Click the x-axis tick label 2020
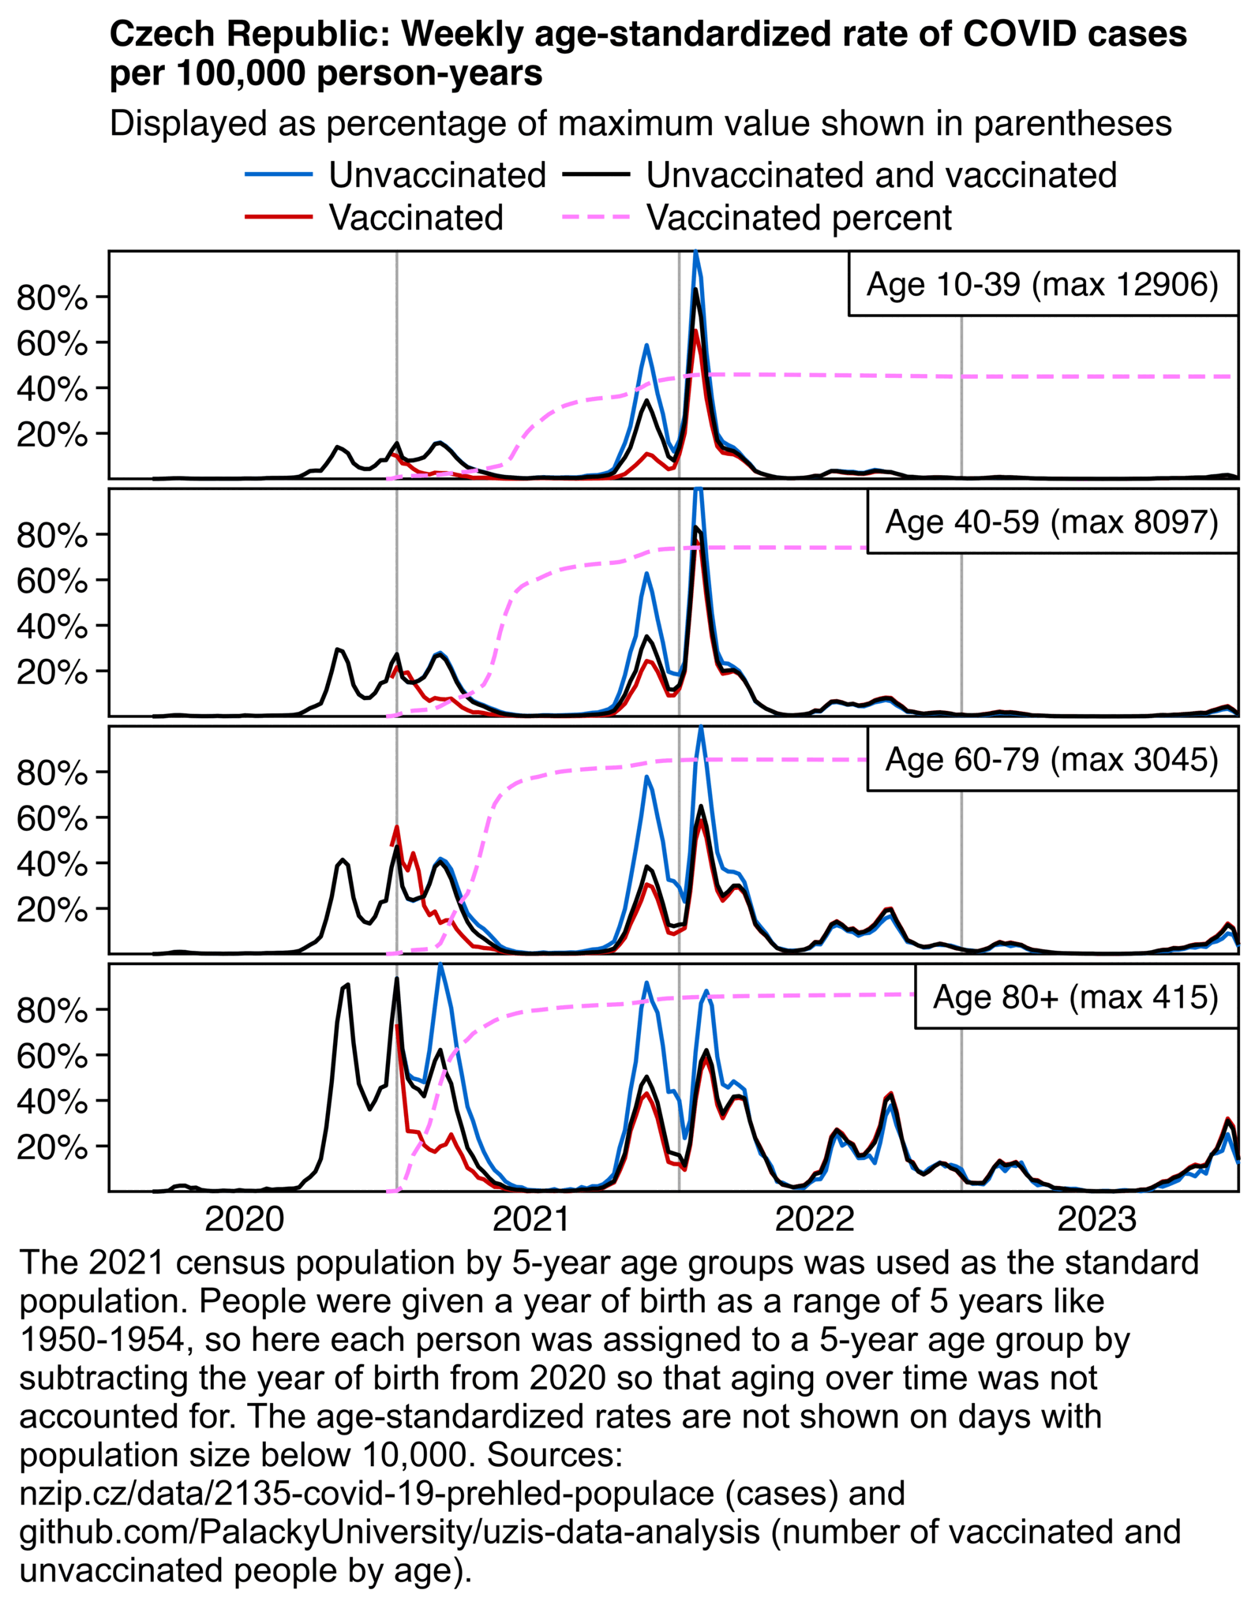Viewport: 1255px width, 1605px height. click(x=244, y=1219)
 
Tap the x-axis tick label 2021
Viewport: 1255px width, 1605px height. click(x=530, y=1219)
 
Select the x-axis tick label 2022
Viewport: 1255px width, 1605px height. click(x=814, y=1219)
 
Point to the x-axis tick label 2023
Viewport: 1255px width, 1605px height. click(x=1096, y=1219)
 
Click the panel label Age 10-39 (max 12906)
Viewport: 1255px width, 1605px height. click(x=1042, y=284)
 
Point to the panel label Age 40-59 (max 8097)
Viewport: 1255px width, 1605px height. click(x=1051, y=522)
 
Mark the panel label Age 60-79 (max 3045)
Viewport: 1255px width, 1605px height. click(x=1051, y=759)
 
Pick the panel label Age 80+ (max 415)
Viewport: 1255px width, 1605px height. click(x=1075, y=997)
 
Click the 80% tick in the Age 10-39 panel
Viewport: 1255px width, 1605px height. click(x=52, y=298)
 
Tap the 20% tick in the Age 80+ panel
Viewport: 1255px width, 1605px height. click(x=52, y=1147)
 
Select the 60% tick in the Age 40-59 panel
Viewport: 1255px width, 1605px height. click(x=52, y=582)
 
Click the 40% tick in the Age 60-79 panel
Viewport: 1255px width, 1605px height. click(x=52, y=864)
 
